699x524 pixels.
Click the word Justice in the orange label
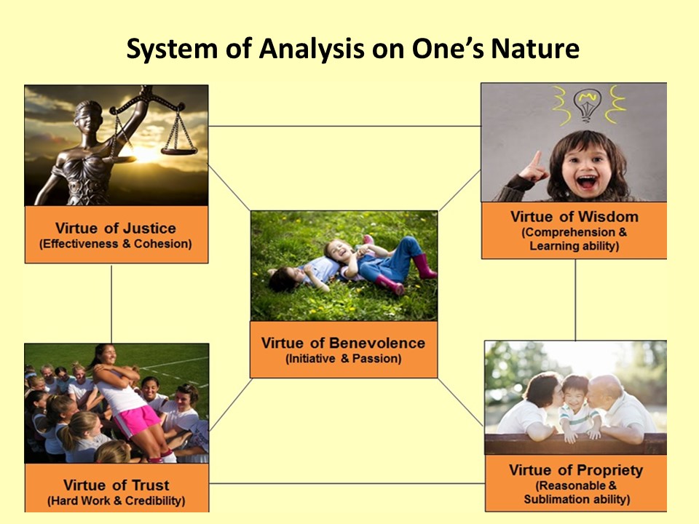[149, 228]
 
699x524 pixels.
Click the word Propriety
[609, 471]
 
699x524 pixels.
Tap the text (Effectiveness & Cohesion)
[116, 244]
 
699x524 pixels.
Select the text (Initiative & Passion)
[343, 359]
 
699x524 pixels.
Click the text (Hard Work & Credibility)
[116, 501]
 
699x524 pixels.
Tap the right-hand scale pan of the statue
[179, 151]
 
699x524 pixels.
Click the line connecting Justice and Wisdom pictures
[344, 126]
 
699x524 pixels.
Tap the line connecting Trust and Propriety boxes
[347, 483]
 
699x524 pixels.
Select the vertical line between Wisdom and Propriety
[575, 300]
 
